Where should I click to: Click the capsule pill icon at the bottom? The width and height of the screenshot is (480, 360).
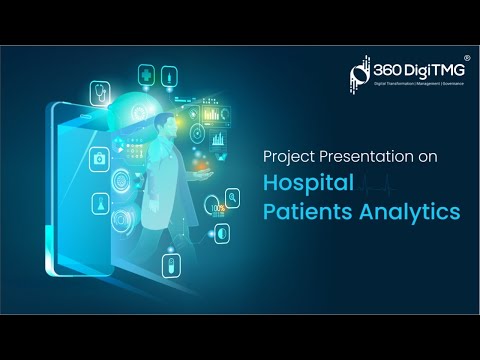coord(170,266)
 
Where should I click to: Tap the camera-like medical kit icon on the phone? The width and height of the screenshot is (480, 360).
coord(100,159)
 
